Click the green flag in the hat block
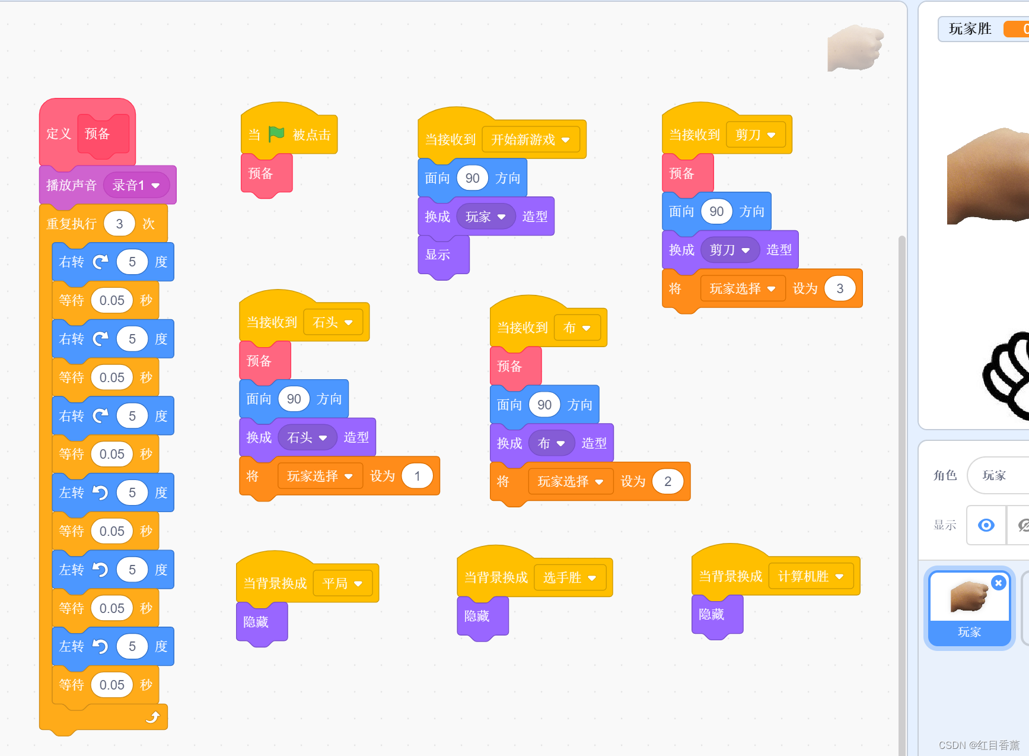[276, 134]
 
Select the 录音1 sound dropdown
[136, 185]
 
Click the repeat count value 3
[119, 224]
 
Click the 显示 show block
[438, 255]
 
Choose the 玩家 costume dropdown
[485, 217]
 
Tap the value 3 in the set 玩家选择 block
[839, 288]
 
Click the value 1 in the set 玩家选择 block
[417, 476]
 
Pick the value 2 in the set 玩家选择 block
[667, 481]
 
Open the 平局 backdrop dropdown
[342, 583]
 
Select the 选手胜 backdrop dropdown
[569, 577]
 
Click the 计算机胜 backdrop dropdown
[810, 576]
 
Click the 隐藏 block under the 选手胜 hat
[477, 616]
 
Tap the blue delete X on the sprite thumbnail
[998, 583]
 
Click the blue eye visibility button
[986, 525]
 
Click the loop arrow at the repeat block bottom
[152, 717]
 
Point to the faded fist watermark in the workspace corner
[855, 47]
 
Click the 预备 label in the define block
[97, 134]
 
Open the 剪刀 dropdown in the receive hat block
[755, 135]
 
